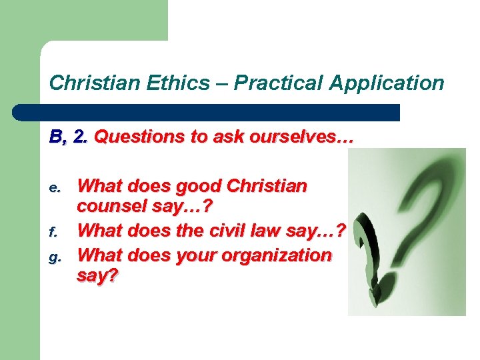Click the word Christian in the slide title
point(93,83)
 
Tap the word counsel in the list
point(113,207)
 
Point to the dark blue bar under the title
point(220,111)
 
